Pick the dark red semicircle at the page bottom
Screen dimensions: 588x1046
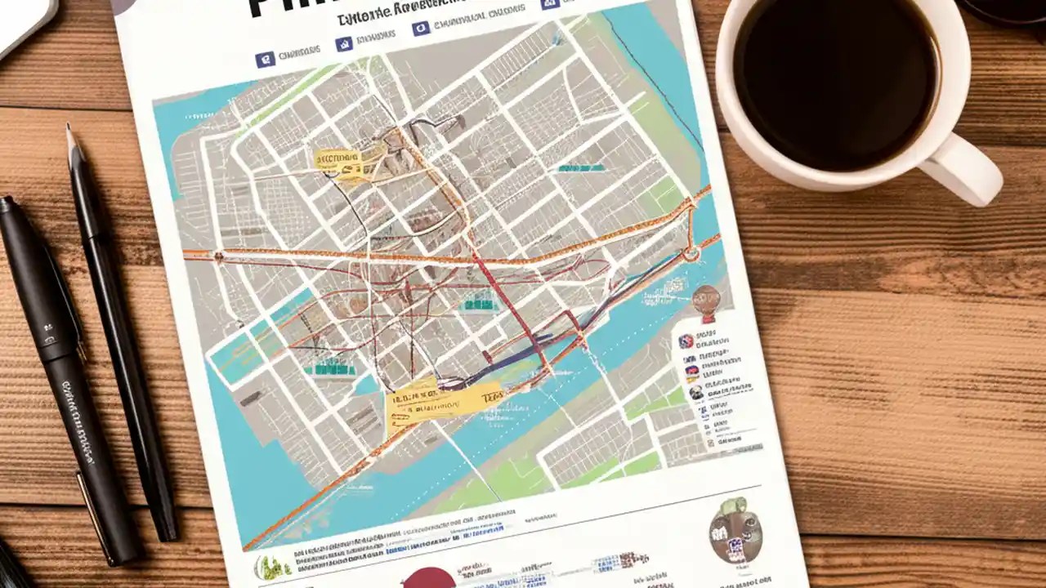(x=428, y=577)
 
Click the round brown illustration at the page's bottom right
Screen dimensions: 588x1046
(x=735, y=531)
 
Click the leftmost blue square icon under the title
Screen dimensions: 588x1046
(x=264, y=59)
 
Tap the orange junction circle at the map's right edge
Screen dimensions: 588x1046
(x=691, y=253)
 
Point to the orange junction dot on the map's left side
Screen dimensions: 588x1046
(x=218, y=256)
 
